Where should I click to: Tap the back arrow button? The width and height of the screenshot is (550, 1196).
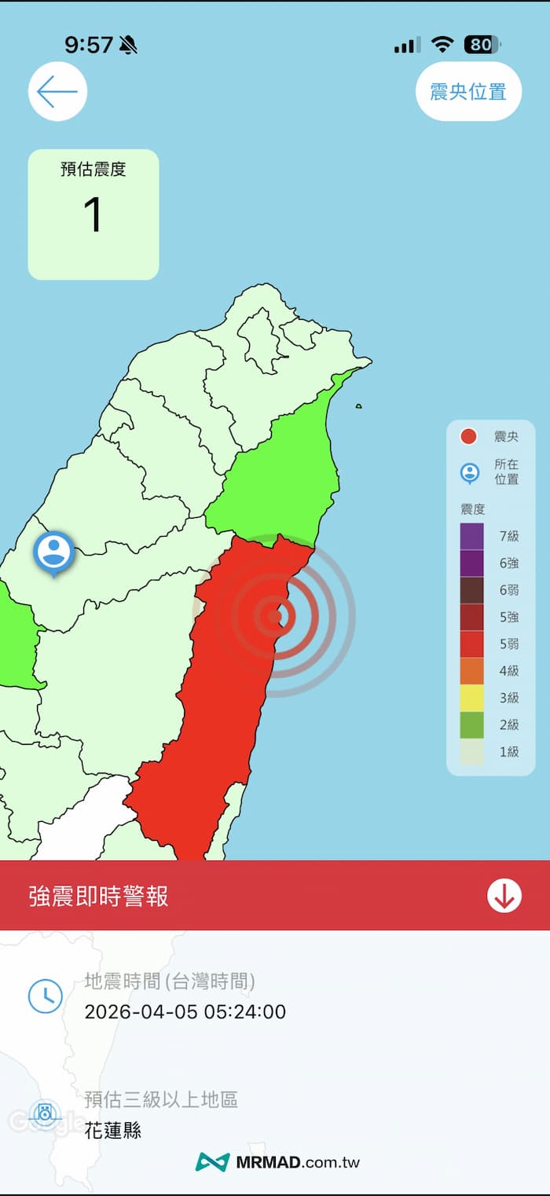[x=57, y=92]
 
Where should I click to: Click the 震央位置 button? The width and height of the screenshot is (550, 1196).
[x=468, y=92]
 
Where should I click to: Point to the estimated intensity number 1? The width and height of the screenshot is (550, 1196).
[x=93, y=215]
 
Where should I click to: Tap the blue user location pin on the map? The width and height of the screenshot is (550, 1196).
[x=53, y=552]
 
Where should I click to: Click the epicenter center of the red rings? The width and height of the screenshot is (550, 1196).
[x=274, y=616]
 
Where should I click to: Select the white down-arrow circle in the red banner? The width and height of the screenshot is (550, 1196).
[x=504, y=896]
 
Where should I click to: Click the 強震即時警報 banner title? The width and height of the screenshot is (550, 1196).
[x=98, y=897]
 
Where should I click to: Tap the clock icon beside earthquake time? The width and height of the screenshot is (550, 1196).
[x=46, y=996]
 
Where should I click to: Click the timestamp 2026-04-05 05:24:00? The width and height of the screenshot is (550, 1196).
[x=185, y=1011]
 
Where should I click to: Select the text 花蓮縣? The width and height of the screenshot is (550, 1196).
[x=113, y=1130]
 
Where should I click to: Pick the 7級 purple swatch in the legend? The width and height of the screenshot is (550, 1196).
[x=472, y=536]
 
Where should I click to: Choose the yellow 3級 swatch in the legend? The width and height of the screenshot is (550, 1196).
[x=472, y=697]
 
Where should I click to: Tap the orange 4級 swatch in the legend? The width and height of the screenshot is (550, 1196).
[x=472, y=670]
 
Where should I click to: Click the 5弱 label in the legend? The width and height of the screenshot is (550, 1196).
[x=509, y=644]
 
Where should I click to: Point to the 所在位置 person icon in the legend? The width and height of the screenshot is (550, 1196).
[x=470, y=472]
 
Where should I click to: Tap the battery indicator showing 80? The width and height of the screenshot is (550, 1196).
[x=482, y=45]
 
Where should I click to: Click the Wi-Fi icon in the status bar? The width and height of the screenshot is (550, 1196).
[x=443, y=45]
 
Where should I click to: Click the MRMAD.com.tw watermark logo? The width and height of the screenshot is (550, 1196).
[x=278, y=1162]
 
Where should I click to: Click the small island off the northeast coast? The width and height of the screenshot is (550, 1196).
[x=358, y=406]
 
